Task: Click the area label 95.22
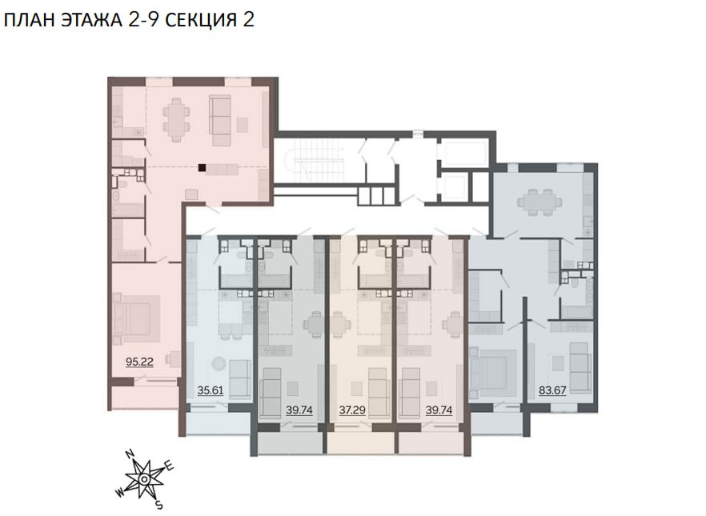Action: [139, 362]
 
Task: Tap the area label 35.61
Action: [211, 390]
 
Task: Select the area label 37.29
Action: [352, 410]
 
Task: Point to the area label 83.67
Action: [552, 390]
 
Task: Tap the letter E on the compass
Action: [170, 466]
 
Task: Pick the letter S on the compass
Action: [158, 506]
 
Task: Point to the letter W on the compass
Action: [120, 493]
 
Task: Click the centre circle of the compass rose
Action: [144, 479]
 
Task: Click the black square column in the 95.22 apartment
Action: [203, 168]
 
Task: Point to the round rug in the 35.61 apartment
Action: [219, 363]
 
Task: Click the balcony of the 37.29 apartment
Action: [362, 443]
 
